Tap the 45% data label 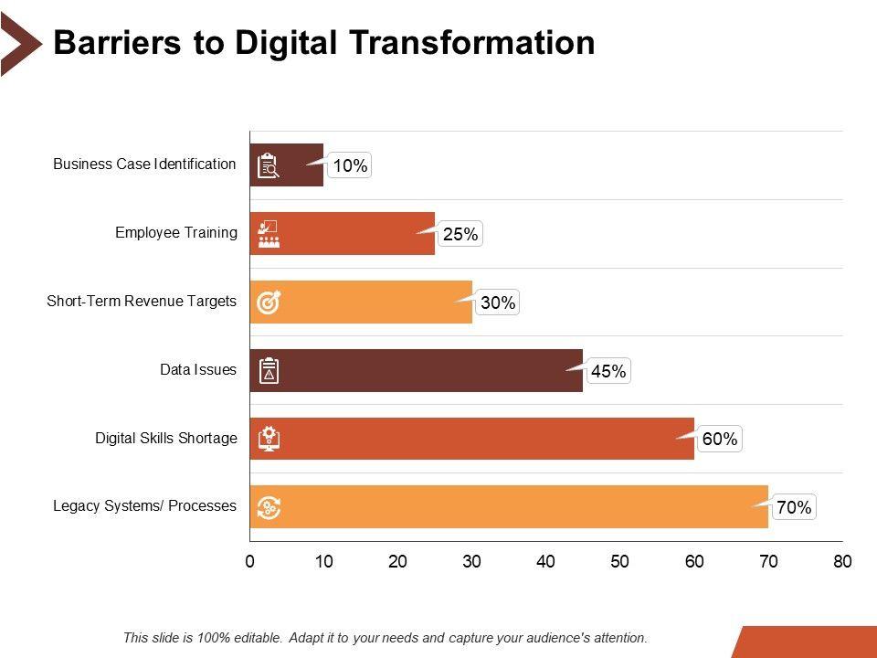click(608, 371)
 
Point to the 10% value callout click(350, 165)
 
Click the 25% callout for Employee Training click(460, 234)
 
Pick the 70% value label click(794, 507)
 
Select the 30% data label click(498, 302)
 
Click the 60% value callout click(720, 440)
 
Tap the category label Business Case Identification click(144, 164)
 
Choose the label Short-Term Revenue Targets click(142, 302)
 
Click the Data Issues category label click(198, 370)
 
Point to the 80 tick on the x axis click(842, 562)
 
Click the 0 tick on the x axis click(249, 562)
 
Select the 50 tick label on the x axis click(620, 562)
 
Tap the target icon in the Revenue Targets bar click(269, 302)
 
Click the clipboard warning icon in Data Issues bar click(269, 371)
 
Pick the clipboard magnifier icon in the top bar click(269, 165)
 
